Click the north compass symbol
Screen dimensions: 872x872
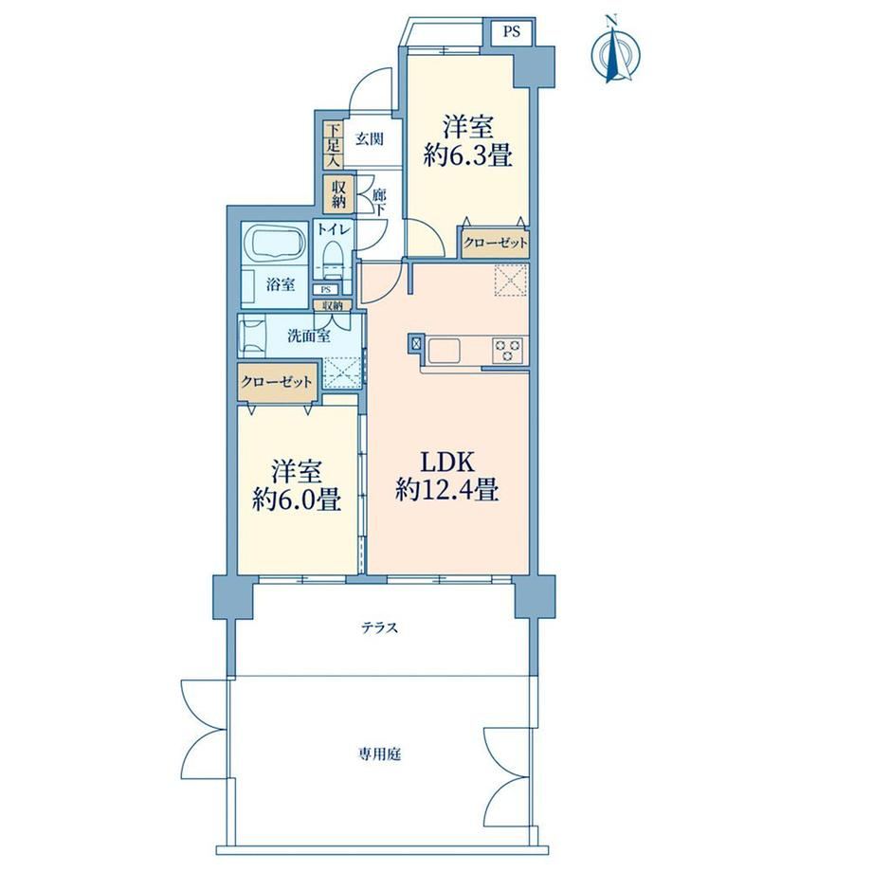tap(614, 51)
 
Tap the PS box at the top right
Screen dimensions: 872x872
tap(512, 31)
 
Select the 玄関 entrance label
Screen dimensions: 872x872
tap(370, 138)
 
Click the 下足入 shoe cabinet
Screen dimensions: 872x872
tap(333, 145)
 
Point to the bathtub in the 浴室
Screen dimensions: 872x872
tap(275, 244)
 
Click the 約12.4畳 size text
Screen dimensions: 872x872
tap(446, 491)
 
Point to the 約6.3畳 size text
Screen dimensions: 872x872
tap(467, 156)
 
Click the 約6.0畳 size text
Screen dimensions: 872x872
tap(297, 500)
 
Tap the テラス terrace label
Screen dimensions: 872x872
tap(380, 628)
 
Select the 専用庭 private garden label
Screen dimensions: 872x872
tap(379, 754)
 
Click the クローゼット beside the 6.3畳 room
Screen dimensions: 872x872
tap(495, 243)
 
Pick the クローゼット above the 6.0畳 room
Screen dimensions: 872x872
tap(277, 383)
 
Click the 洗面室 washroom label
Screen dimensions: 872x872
tap(309, 336)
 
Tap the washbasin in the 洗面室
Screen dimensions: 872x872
tap(253, 336)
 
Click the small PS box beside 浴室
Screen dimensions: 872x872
tap(326, 290)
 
